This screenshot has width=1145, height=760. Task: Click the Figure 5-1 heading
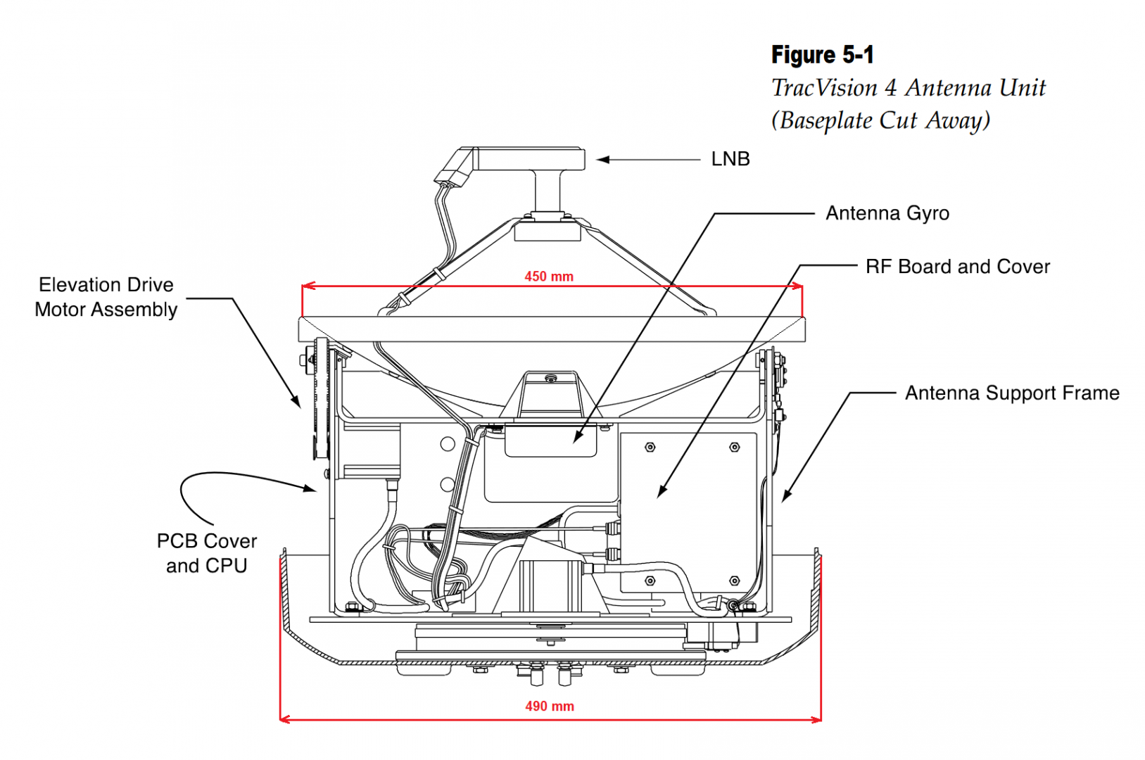click(x=822, y=55)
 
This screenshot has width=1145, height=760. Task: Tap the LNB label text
click(x=730, y=159)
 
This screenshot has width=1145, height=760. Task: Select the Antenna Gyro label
click(x=887, y=213)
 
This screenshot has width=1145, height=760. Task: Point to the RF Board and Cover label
click(x=957, y=267)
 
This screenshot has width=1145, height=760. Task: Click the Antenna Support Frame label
click(x=1012, y=393)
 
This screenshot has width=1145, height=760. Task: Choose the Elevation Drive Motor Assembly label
click(x=106, y=297)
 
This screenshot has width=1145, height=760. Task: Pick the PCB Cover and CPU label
click(x=207, y=553)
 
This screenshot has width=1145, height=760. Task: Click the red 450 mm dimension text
click(x=549, y=277)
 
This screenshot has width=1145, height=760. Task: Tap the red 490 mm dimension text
click(x=550, y=706)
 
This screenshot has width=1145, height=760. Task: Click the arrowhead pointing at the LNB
click(x=602, y=160)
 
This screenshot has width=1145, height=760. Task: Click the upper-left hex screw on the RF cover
click(x=650, y=447)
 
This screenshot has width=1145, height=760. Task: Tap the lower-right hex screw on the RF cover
click(x=734, y=581)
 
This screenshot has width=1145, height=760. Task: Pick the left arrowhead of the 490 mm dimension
click(x=283, y=719)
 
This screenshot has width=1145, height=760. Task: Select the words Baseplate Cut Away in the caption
click(x=885, y=120)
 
